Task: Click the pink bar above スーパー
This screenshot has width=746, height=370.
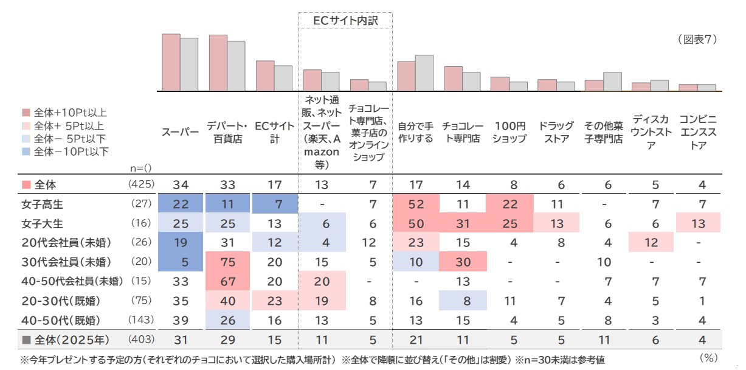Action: [x=171, y=62]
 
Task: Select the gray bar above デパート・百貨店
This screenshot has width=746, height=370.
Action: [x=236, y=66]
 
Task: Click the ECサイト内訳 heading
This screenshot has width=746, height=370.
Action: [x=345, y=21]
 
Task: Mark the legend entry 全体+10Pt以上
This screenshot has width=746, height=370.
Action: [x=71, y=113]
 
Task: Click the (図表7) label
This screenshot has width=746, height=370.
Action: [x=697, y=40]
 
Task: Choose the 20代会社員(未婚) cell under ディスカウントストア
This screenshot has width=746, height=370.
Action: [x=651, y=242]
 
